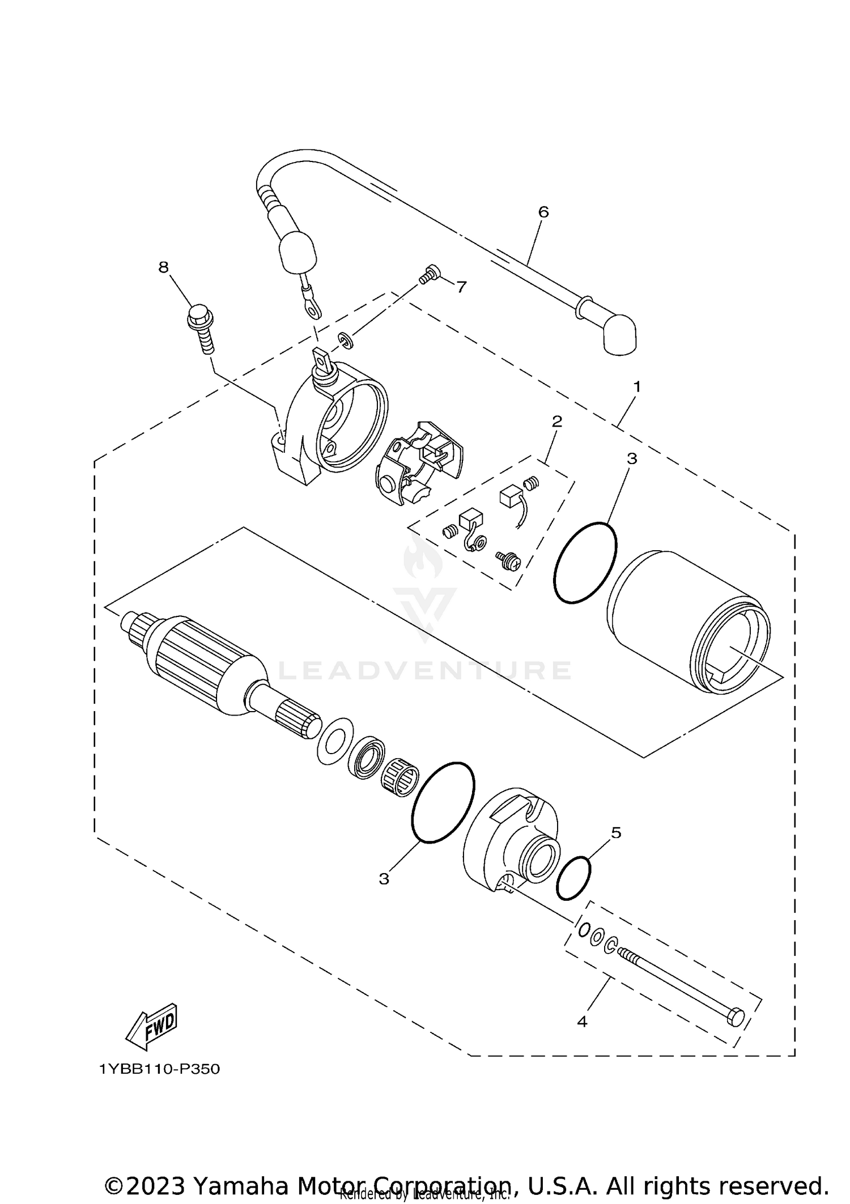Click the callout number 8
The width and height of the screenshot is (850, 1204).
pyautogui.click(x=163, y=267)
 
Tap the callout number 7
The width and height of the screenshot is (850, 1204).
pyautogui.click(x=461, y=287)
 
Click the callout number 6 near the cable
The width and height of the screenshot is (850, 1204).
pyautogui.click(x=543, y=212)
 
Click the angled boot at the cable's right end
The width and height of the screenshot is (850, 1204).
pyautogui.click(x=618, y=335)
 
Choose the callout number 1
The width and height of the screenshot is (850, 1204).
pyautogui.click(x=637, y=387)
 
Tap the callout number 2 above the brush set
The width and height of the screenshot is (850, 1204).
pyautogui.click(x=557, y=421)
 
